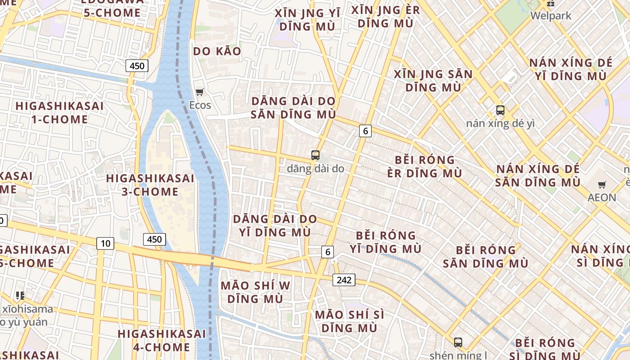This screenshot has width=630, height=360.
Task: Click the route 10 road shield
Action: (105, 243)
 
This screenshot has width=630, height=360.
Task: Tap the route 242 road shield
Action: (344, 280)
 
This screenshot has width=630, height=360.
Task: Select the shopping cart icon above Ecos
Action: (200, 92)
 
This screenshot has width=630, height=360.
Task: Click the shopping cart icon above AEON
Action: (602, 184)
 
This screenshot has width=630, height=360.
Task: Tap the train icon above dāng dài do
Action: (315, 155)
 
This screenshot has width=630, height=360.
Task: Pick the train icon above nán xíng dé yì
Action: (500, 110)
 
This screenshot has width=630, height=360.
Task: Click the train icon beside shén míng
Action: (458, 342)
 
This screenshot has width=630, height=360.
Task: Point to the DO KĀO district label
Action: (217, 51)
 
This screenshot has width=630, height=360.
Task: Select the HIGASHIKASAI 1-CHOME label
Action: (60, 112)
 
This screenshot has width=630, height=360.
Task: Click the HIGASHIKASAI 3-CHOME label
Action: (150, 185)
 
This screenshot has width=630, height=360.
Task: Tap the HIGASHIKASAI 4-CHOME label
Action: (162, 341)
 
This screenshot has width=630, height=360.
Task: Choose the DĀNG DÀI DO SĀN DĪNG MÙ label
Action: (293, 108)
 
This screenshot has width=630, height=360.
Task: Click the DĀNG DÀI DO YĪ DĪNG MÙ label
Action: (274, 225)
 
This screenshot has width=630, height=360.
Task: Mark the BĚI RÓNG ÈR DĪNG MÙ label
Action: (425, 166)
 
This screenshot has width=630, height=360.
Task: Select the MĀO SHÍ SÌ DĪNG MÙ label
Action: (350, 321)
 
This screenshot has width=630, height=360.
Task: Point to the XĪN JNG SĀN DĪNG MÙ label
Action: (433, 81)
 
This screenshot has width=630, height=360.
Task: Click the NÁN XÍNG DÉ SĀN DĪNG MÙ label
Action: (538, 176)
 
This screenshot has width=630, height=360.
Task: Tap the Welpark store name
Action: (551, 16)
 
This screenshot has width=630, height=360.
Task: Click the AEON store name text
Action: (602, 197)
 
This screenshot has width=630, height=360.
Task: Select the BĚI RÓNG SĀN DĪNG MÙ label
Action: (486, 256)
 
